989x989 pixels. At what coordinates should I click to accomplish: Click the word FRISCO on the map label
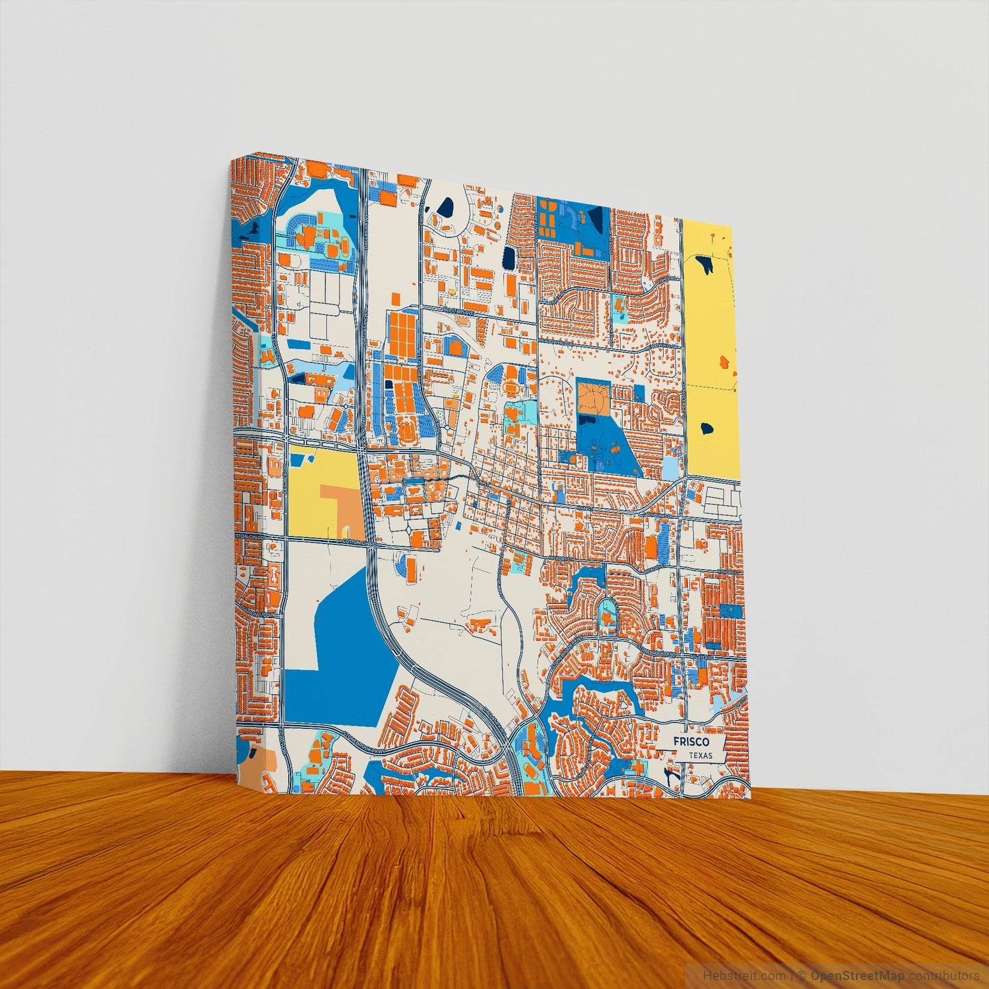point(690,742)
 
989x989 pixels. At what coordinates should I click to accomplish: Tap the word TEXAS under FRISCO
point(700,756)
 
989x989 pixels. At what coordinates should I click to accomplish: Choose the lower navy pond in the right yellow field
point(706,429)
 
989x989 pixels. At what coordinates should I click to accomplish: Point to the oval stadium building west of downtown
point(407,433)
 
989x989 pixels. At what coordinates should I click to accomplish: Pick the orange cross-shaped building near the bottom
point(638,767)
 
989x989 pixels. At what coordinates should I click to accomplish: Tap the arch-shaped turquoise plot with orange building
point(606,615)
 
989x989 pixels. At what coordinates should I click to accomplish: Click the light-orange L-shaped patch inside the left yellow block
point(340,509)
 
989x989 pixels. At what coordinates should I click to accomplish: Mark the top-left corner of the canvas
point(232,159)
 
